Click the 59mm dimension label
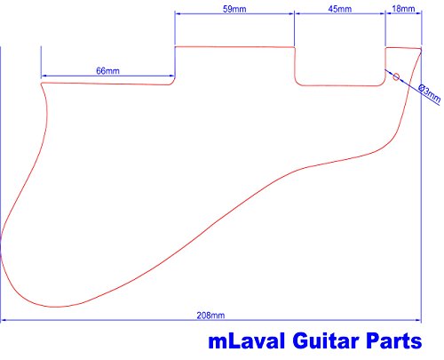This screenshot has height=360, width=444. click(234, 9)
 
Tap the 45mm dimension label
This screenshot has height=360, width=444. click(340, 9)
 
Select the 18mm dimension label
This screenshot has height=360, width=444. click(403, 9)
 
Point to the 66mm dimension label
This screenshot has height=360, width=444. click(107, 71)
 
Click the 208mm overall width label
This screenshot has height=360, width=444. click(210, 316)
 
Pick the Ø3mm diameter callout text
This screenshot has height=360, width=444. click(430, 93)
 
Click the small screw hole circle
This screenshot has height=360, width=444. click(396, 77)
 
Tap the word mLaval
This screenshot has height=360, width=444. click(247, 341)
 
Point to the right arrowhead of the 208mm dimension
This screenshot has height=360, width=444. click(418, 320)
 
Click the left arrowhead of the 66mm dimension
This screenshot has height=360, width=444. click(44, 76)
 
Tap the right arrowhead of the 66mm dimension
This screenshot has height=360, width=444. click(171, 76)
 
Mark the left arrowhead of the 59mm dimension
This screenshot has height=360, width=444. click(178, 13)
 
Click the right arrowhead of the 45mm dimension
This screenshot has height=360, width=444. click(382, 13)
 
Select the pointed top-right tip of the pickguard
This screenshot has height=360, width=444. click(421, 49)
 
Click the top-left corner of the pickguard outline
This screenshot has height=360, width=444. click(42, 84)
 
